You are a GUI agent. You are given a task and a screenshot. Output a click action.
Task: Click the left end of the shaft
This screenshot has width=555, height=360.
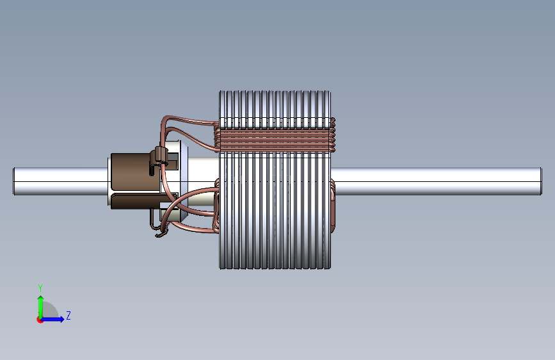click(14, 181)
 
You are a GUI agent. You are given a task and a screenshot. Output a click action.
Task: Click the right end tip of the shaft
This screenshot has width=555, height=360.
click(541, 181)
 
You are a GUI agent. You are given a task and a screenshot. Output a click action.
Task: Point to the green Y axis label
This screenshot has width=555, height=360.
click(40, 288)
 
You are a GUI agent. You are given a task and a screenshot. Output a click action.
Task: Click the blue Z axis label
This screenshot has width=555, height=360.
click(68, 315)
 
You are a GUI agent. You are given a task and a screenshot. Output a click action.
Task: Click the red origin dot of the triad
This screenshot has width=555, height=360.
click(40, 320)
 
